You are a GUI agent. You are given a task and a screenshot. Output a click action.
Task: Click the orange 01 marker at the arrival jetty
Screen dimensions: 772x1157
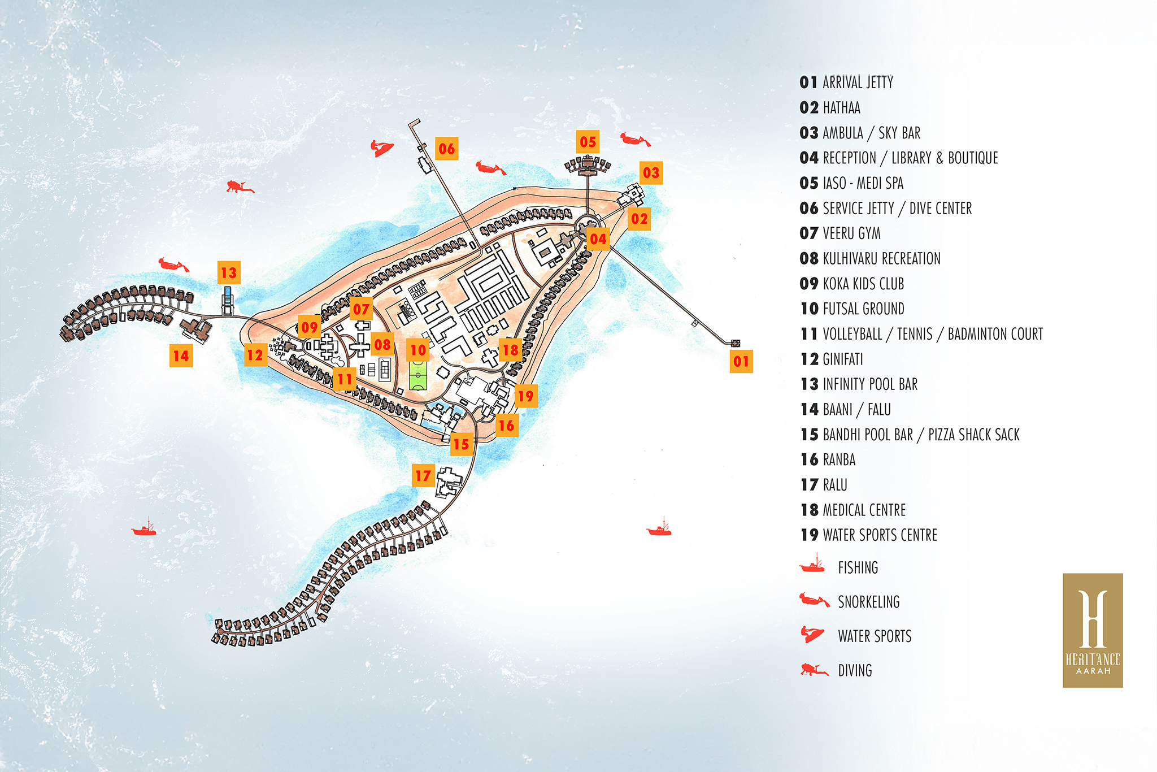coord(741,361)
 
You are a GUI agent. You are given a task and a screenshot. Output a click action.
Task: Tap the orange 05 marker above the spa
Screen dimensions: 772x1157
coord(588,142)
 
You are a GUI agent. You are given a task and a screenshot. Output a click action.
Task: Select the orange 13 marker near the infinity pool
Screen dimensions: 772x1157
coord(229,273)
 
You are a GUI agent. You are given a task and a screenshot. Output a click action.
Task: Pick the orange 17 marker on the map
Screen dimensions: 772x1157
coord(423,476)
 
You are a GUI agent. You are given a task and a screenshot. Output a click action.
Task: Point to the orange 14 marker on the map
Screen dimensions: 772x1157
coord(181,355)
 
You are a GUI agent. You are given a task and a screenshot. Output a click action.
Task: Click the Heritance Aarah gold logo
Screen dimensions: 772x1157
coord(1093,630)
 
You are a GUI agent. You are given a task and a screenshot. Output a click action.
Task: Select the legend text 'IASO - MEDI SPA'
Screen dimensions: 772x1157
coord(863,183)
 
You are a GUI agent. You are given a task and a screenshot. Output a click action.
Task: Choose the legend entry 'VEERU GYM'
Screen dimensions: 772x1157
coord(851,233)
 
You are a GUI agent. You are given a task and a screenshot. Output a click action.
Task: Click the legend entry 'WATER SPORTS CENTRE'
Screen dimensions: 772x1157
coord(880,535)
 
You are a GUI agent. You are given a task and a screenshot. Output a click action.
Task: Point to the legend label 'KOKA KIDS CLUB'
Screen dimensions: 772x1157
coord(863,284)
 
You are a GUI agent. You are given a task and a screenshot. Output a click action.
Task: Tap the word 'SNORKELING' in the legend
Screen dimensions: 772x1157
coord(868,602)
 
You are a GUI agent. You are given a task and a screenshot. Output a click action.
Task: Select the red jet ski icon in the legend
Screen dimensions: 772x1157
coord(813,634)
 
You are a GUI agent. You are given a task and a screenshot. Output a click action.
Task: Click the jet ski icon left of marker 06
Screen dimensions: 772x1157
coord(382,149)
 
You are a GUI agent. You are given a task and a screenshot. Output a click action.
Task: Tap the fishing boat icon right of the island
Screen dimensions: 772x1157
coord(659,528)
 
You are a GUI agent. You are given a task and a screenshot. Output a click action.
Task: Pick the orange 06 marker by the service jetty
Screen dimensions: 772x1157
coord(446,149)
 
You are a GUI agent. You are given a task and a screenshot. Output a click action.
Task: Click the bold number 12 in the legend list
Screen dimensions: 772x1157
coord(809,359)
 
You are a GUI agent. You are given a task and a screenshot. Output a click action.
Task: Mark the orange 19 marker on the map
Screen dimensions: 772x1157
coord(525,396)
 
